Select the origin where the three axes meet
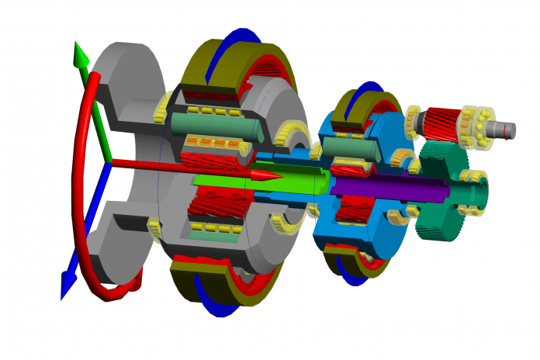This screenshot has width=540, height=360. (109, 163)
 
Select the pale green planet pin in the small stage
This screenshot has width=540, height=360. (349, 147)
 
